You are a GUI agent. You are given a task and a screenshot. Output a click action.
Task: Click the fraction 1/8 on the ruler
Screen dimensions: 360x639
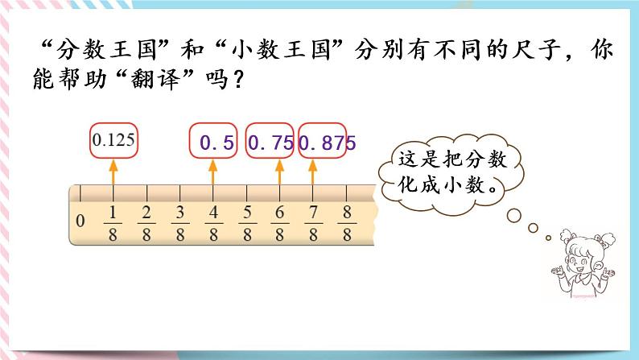(113, 222)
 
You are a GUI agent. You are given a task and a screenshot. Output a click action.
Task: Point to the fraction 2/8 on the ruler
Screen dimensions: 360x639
(146, 222)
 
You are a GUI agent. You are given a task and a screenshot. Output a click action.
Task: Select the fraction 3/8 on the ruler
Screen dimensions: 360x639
(180, 222)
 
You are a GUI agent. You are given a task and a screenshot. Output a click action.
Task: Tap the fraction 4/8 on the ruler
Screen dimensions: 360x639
(213, 222)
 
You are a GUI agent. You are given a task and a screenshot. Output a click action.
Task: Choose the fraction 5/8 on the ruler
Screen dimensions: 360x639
(246, 222)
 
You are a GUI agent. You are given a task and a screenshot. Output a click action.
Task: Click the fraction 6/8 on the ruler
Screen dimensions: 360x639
(279, 222)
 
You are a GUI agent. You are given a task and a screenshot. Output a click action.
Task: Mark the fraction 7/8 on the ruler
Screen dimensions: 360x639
(312, 222)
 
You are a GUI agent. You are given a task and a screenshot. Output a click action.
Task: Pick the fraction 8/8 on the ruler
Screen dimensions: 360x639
(346, 222)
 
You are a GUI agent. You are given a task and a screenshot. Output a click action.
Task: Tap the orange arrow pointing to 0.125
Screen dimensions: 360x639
(113, 172)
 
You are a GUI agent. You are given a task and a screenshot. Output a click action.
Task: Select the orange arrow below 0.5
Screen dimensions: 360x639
(213, 172)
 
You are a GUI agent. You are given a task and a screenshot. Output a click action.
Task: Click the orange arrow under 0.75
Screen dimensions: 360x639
(279, 172)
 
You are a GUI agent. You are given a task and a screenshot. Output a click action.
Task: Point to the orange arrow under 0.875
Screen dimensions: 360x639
(312, 172)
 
